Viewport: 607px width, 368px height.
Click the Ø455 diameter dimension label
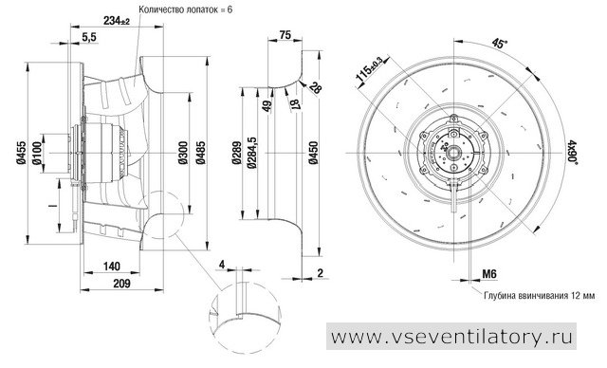coord(21,153)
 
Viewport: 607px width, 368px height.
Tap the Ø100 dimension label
coord(37,154)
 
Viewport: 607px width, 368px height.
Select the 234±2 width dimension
coord(117,21)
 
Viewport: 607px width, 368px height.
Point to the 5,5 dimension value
coord(88,37)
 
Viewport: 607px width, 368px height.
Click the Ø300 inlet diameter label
coord(183,153)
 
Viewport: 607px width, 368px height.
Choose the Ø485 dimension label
coord(200,153)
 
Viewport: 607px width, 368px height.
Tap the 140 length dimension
coord(112,267)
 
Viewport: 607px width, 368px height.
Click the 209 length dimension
coord(121,284)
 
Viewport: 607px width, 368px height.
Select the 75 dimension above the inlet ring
coord(285,35)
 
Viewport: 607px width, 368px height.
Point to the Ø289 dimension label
coord(237,153)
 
